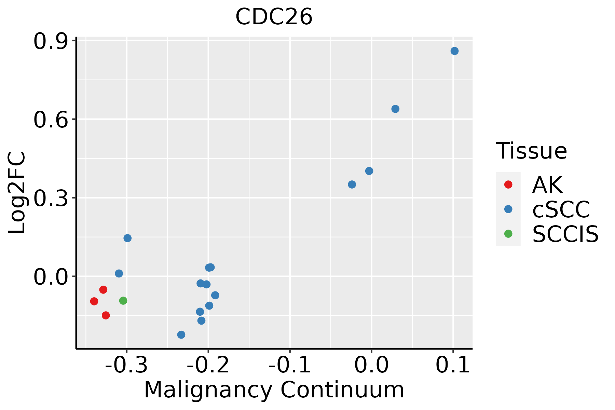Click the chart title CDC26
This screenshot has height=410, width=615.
point(274,17)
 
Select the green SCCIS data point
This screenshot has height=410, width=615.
point(123,301)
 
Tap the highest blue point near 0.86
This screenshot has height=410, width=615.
point(454,51)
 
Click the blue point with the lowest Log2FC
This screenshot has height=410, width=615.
point(181,334)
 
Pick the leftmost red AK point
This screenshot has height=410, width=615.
point(94,301)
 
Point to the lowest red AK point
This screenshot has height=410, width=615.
point(106,315)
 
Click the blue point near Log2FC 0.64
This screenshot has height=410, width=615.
point(395,109)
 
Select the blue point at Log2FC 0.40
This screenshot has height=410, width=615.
point(369,171)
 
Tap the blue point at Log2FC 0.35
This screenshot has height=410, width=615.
point(352,184)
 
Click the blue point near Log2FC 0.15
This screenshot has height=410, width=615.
point(127,238)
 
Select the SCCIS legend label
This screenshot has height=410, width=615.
point(565,234)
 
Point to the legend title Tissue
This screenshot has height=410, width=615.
point(531,151)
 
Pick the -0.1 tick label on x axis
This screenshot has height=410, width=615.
point(290,365)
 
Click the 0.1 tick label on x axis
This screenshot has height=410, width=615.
point(453,365)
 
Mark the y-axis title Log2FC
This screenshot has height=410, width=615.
point(17,193)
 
